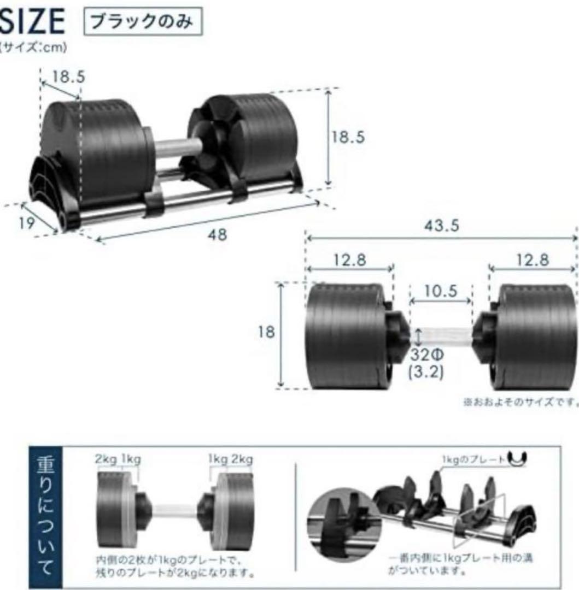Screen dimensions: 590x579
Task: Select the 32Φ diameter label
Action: point(427,354)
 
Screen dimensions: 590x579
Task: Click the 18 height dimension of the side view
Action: point(266,333)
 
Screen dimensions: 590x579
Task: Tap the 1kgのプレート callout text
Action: point(472,460)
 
